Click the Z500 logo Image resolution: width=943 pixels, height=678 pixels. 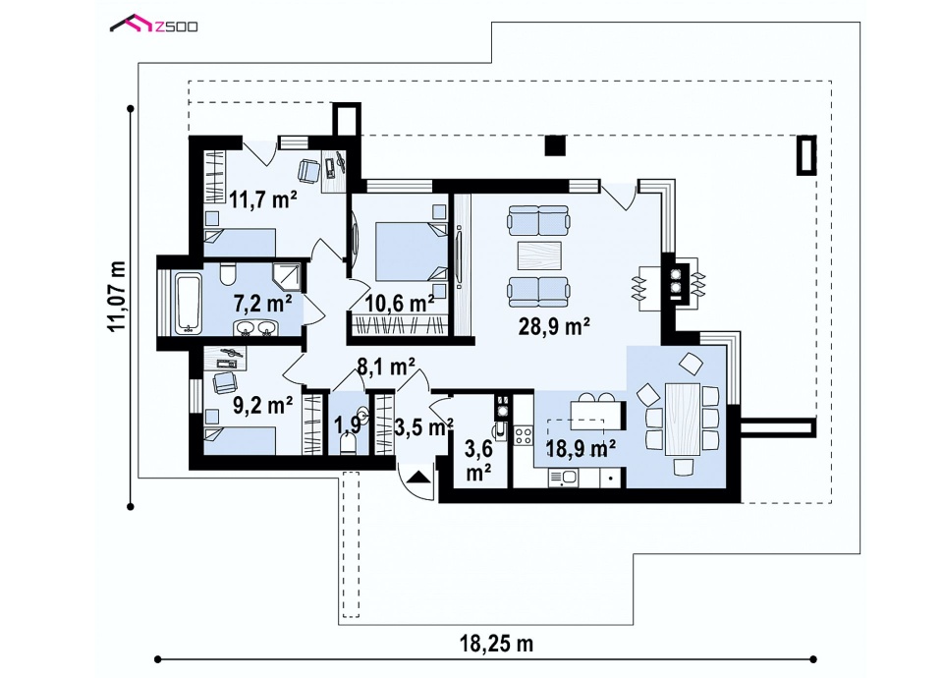click(x=153, y=26)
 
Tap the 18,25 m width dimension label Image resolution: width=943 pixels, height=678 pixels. click(x=497, y=644)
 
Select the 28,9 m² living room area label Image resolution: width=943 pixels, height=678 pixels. click(x=554, y=326)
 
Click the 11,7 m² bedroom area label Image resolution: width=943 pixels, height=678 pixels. click(x=263, y=198)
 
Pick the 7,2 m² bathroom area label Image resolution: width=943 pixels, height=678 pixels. click(x=263, y=304)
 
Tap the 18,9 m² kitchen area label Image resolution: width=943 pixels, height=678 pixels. click(x=581, y=448)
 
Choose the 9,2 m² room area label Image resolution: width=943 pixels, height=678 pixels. click(x=263, y=405)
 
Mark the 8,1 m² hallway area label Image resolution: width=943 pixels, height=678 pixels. click(x=386, y=367)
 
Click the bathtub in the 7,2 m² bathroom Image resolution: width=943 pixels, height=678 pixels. click(x=187, y=303)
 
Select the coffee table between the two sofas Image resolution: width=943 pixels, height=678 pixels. click(x=539, y=255)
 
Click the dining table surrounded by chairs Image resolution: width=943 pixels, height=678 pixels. click(x=682, y=419)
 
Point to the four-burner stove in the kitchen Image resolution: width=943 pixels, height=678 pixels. click(x=523, y=435)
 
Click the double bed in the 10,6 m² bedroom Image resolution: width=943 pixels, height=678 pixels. click(x=412, y=252)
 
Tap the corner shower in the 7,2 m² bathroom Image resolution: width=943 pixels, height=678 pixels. click(x=287, y=276)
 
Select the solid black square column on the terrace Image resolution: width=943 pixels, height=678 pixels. click(x=555, y=145)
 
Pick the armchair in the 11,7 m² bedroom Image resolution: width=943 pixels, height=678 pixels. click(x=309, y=170)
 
